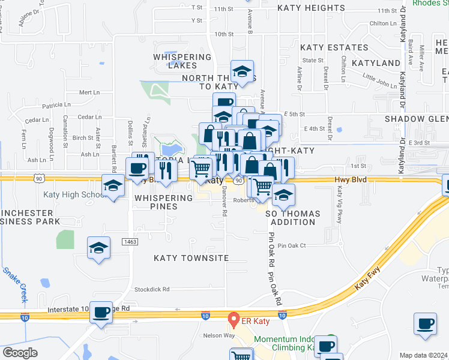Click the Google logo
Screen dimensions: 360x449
click(20, 352)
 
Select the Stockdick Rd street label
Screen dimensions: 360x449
click(152, 289)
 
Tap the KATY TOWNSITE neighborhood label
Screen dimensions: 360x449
click(191, 257)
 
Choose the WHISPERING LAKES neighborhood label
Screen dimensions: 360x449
click(182, 61)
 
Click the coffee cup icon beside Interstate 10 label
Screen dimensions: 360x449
click(101, 311)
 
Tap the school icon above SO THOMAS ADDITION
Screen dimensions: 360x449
click(283, 194)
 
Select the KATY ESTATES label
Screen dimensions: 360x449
click(325, 47)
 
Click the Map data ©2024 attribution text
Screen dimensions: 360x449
click(423, 355)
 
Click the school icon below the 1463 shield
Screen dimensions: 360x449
click(98, 248)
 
